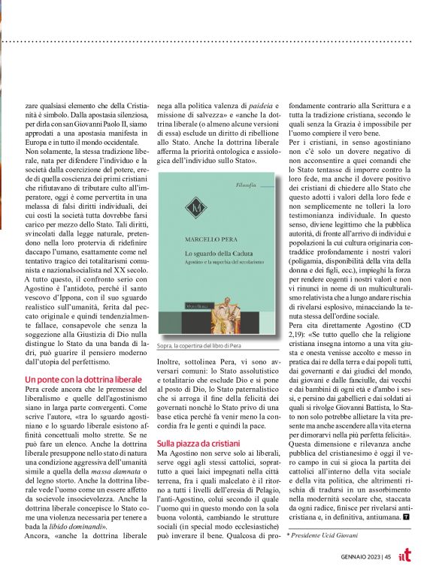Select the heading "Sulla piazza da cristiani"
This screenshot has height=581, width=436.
point(198,444)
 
